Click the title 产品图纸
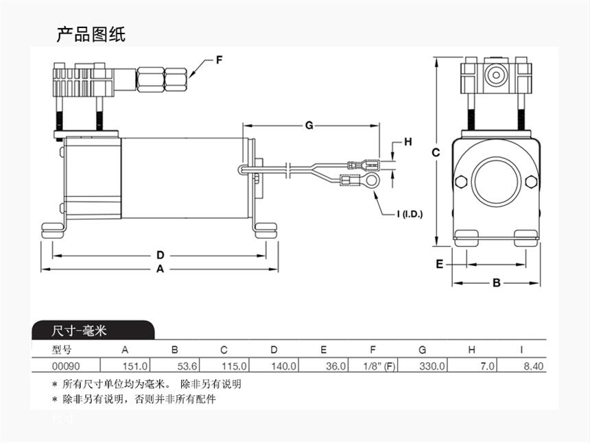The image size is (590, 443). tap(91, 34)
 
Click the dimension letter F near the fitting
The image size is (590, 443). tap(220, 60)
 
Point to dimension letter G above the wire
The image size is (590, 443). tap(309, 125)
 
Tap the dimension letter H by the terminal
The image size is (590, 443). tap(408, 142)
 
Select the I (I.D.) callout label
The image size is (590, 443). tap(410, 214)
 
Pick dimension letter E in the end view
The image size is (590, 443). tap(439, 264)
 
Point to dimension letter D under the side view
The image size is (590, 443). tap(160, 255)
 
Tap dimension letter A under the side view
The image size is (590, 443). tap(160, 269)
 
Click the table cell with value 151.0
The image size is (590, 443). tap(134, 366)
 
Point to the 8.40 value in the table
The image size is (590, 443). tap(533, 366)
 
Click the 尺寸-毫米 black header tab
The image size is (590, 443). tap(80, 331)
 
